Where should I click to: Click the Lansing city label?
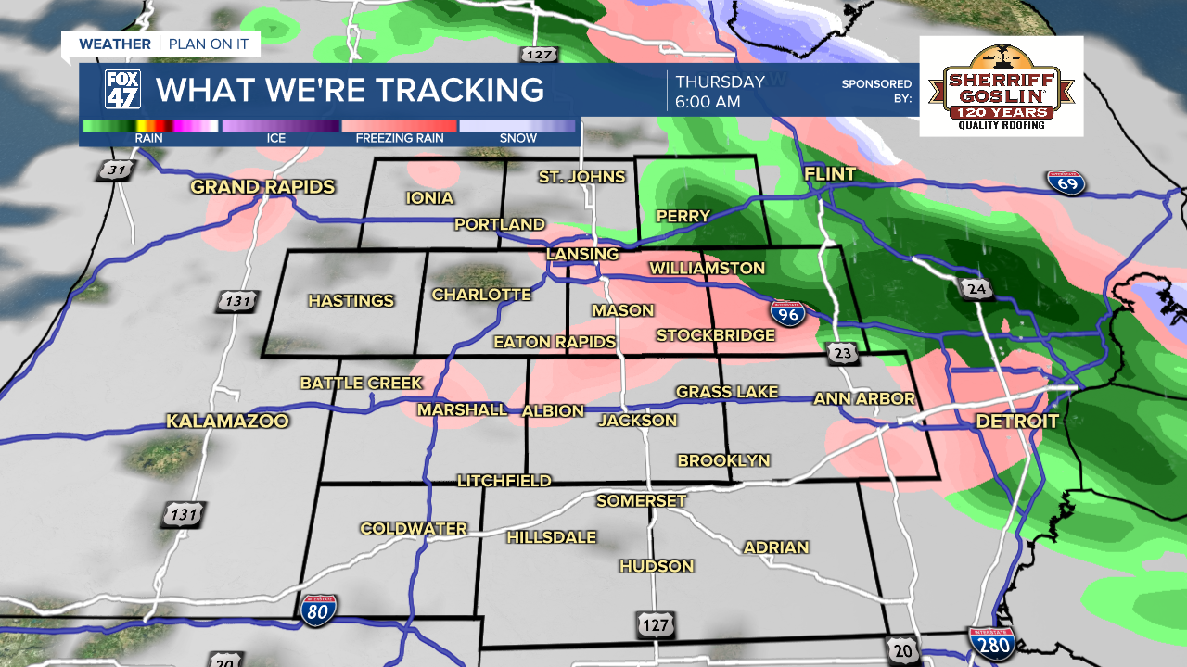(x=582, y=254)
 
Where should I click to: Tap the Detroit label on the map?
(x=1017, y=422)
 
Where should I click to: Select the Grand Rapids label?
(x=262, y=187)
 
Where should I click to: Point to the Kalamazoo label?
(x=227, y=422)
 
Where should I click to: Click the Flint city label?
(x=829, y=175)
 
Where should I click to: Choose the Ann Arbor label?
(x=864, y=398)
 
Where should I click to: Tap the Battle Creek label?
(x=361, y=383)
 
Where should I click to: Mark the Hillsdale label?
(x=551, y=537)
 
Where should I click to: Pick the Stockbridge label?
(x=715, y=335)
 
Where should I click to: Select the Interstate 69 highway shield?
(x=1066, y=182)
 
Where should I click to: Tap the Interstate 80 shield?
(x=318, y=610)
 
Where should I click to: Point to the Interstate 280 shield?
(x=990, y=642)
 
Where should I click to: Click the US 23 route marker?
(x=842, y=352)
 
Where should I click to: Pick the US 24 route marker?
(x=976, y=289)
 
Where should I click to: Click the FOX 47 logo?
(x=122, y=90)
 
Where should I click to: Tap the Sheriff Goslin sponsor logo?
(x=1002, y=86)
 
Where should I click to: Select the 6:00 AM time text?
(x=708, y=102)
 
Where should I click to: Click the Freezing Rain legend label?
(x=400, y=139)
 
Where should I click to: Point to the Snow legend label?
(x=517, y=139)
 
